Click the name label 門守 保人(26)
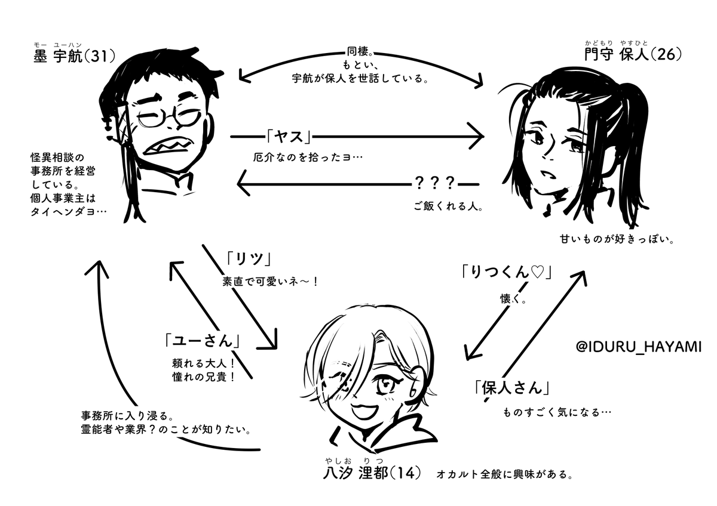[633, 55]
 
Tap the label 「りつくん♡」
[505, 273]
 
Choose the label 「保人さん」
[510, 387]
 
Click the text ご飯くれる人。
[448, 209]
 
